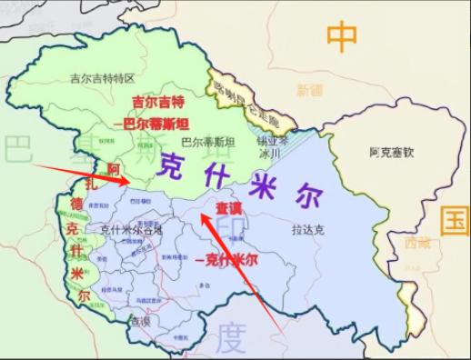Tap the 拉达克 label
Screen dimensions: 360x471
pos(311,230)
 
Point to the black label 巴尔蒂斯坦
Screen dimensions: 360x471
pos(208,143)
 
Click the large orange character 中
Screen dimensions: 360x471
pos(343,38)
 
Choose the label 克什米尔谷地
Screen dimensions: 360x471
pos(131,229)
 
